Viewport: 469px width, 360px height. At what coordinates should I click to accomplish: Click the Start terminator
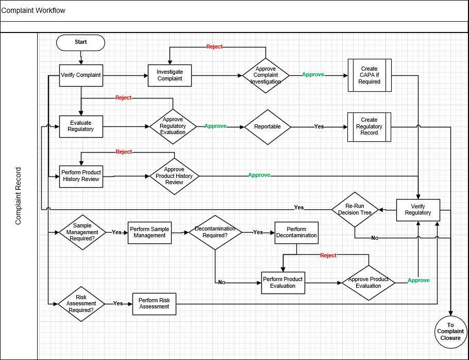click(x=80, y=42)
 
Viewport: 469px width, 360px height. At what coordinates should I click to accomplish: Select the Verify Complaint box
click(x=80, y=75)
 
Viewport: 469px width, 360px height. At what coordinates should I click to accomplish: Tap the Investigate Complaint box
click(x=170, y=75)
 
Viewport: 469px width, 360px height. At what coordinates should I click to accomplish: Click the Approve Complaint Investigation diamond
click(x=265, y=75)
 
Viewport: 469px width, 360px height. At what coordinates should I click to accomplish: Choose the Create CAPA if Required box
click(x=369, y=75)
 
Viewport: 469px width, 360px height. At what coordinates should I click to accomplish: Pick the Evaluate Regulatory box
click(x=80, y=126)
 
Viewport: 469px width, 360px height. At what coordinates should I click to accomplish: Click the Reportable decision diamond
click(x=267, y=126)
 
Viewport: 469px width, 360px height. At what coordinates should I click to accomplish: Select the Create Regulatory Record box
click(x=369, y=126)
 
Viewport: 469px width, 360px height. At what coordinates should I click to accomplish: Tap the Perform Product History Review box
click(x=80, y=176)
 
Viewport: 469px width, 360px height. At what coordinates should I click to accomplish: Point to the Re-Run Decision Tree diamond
click(x=355, y=209)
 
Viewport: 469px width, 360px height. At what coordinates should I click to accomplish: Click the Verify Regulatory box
click(x=418, y=210)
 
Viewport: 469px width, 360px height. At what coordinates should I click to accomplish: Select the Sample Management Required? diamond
click(x=82, y=232)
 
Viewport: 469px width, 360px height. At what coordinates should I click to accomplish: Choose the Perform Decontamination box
click(x=296, y=233)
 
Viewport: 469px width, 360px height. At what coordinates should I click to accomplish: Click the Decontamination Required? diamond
click(x=215, y=232)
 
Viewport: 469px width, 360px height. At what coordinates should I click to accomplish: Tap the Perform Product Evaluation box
click(x=283, y=283)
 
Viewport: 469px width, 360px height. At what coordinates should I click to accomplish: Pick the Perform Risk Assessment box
click(x=154, y=304)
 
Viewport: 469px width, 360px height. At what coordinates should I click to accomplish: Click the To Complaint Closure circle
click(x=450, y=331)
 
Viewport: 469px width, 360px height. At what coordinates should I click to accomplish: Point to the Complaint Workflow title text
click(x=33, y=10)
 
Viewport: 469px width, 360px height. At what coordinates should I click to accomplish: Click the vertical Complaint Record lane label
click(x=19, y=196)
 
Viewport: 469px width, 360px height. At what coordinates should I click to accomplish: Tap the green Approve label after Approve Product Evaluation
click(x=418, y=281)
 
